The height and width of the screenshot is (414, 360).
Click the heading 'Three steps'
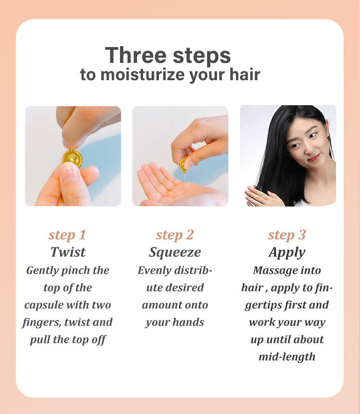point(168,55)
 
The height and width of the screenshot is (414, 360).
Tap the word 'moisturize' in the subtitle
point(143,74)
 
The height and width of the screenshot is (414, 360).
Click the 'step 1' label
point(67,235)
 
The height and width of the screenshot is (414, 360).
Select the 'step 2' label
point(175,235)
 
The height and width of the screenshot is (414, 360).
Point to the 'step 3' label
point(287,235)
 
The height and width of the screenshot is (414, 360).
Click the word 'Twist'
point(68,252)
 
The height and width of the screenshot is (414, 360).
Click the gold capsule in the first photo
point(72,158)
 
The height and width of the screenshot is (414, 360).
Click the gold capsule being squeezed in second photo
point(182,164)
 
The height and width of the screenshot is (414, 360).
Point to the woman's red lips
point(314,158)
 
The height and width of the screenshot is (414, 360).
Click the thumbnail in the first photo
point(69,173)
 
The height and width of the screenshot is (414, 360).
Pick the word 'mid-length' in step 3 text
point(287,357)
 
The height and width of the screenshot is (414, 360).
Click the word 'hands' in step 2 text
point(189,322)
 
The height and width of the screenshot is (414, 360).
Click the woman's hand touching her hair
point(261,196)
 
